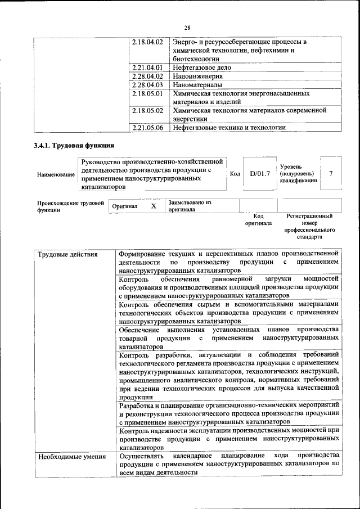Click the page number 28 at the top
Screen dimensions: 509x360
pyautogui.click(x=187, y=28)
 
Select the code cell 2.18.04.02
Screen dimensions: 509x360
pyautogui.click(x=147, y=43)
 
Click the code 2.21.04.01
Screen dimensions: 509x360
pyautogui.click(x=147, y=67)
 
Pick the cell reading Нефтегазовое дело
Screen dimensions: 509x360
pyautogui.click(x=202, y=67)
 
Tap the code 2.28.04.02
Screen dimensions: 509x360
pyautogui.click(x=147, y=76)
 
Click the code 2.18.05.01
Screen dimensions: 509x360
pyautogui.click(x=147, y=93)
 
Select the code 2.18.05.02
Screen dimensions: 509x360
pyautogui.click(x=147, y=111)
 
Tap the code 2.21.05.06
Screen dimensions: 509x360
pyautogui.click(x=147, y=128)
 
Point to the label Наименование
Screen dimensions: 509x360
pyautogui.click(x=56, y=175)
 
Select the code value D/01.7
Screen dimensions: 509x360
pyautogui.click(x=260, y=174)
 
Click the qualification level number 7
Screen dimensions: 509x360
pyautogui.click(x=331, y=174)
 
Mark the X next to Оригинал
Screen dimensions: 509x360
pyautogui.click(x=153, y=206)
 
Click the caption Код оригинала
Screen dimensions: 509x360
pyautogui.click(x=258, y=219)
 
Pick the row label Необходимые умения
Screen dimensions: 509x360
pyautogui.click(x=71, y=456)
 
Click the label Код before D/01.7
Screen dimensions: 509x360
pyautogui.click(x=235, y=174)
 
